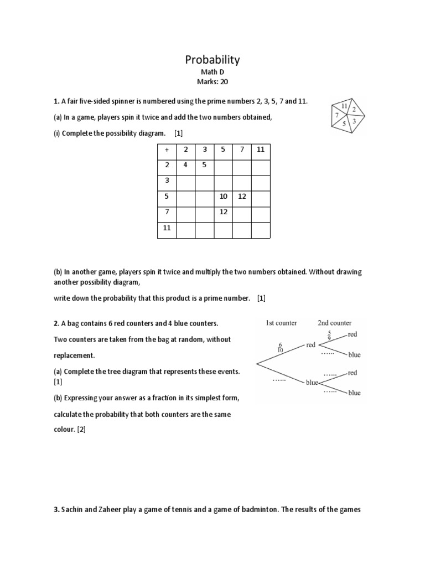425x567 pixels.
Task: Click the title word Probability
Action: coord(212,60)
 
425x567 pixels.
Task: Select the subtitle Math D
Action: coord(212,72)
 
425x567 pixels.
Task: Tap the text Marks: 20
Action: coord(212,81)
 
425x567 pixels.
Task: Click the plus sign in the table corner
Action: coord(167,150)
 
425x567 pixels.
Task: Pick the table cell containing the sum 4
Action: coord(185,164)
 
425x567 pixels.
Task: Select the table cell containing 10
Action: coord(224,196)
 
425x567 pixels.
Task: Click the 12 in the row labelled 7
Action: coord(224,212)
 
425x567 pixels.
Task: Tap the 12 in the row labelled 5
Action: coord(242,196)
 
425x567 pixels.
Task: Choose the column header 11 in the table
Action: coord(261,150)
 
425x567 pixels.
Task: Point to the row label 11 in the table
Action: coord(167,227)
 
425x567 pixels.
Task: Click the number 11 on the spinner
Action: coord(344,105)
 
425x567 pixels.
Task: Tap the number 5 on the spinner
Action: coord(344,124)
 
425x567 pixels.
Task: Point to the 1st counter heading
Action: coord(282,323)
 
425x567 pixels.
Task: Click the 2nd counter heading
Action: coord(334,323)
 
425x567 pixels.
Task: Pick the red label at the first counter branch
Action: coord(310,345)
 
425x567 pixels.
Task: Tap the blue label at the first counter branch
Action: coord(312,382)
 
